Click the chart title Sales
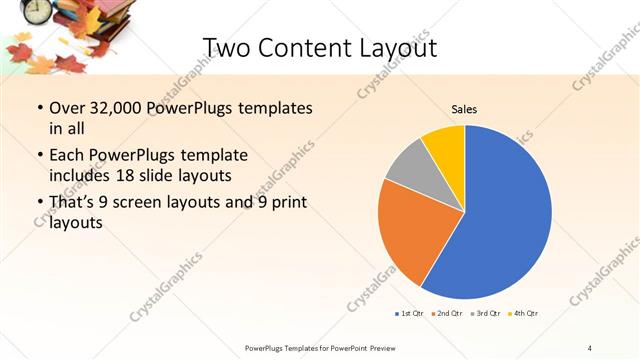click(464, 109)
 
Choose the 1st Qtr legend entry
click(409, 314)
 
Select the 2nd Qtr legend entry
click(446, 314)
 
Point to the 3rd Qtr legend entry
click(485, 314)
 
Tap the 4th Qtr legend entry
click(523, 314)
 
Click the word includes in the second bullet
click(83, 175)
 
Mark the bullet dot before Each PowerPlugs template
click(39, 155)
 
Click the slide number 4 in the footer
click(590, 347)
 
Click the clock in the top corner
click(37, 10)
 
